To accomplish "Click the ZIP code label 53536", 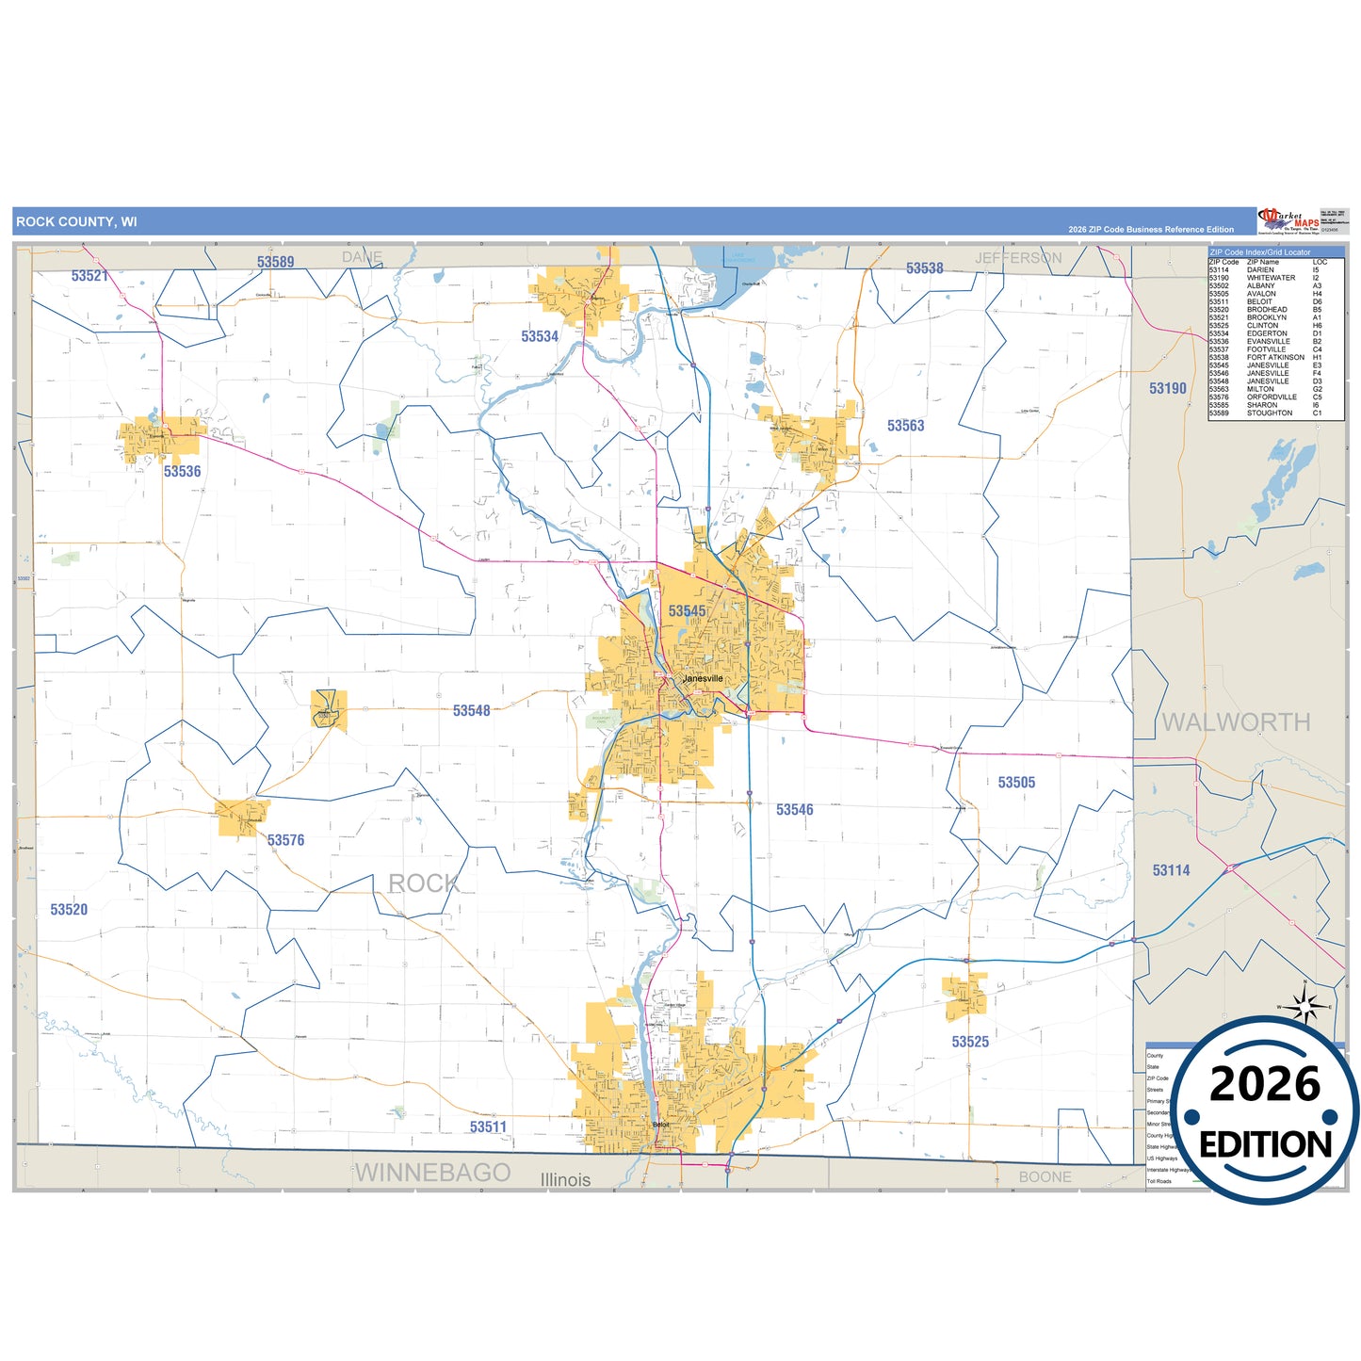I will pos(182,471).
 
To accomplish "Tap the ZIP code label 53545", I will pos(687,611).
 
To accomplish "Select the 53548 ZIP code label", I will pos(471,710).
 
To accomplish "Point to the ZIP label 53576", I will pos(285,840).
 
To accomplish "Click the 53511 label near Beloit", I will pos(488,1126).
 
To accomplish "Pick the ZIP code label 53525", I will pos(970,1042).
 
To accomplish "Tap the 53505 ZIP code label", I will pos(1016,783).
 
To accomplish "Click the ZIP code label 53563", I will pos(905,426).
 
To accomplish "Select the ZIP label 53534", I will pos(540,336).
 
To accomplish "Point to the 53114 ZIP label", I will pos(1171,870).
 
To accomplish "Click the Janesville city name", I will pos(703,678).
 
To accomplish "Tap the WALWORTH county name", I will pos(1236,722).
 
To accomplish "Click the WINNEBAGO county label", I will pos(432,1173).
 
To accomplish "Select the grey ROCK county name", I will pos(424,883).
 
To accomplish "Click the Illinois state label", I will pos(565,1179).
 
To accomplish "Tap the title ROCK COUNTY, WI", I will pos(76,222).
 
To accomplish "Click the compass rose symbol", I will pos(1304,1006).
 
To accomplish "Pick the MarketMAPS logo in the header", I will pos(1288,221).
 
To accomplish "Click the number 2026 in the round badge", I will pos(1264,1084).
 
